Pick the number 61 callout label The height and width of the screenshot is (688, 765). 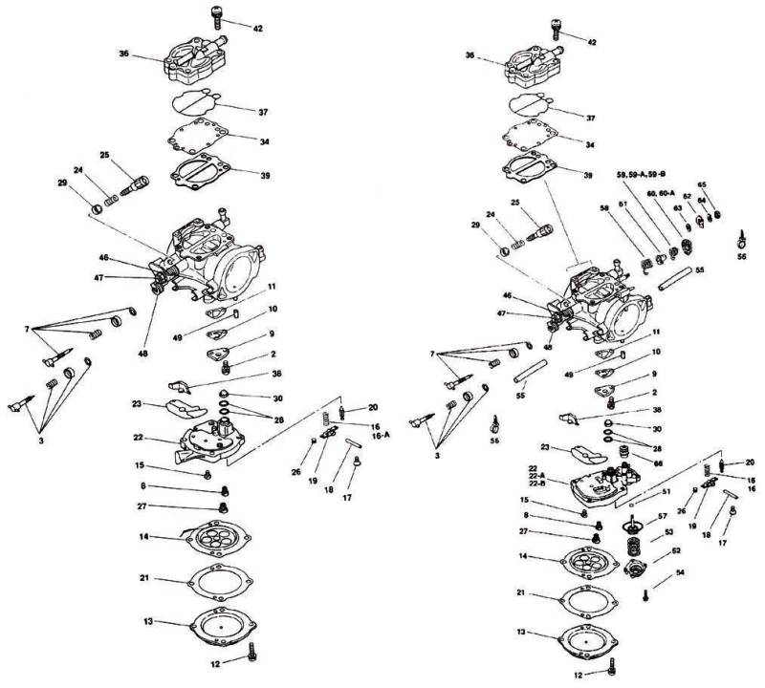[x=623, y=204]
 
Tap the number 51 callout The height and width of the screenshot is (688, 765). [x=667, y=493]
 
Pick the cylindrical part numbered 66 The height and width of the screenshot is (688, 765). [x=626, y=451]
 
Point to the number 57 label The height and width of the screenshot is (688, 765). [x=663, y=516]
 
